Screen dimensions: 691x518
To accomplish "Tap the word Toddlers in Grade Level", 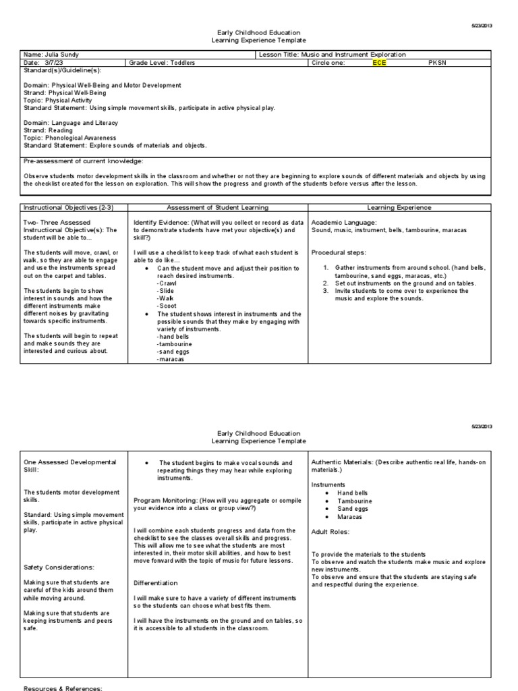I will [182, 63].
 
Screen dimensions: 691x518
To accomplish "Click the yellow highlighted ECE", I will [380, 63].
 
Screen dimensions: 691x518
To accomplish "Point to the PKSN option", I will [437, 63].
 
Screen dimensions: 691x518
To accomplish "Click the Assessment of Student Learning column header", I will [217, 208].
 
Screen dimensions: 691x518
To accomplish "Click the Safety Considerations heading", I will [59, 567].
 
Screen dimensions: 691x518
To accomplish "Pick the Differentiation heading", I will [156, 582].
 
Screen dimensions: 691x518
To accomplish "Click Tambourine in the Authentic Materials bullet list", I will [354, 501].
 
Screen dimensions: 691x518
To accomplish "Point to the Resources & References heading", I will [63, 688].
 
